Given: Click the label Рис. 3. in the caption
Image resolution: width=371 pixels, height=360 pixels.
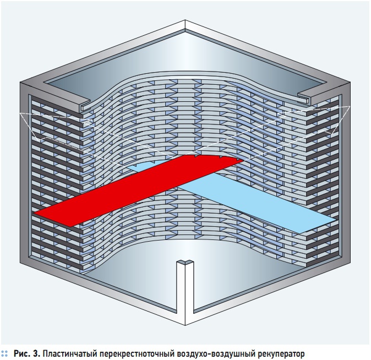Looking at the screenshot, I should coord(28,351).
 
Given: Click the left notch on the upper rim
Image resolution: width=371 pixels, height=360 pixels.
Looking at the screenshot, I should coord(83,101).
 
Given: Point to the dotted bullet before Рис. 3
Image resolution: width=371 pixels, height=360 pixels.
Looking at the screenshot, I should coord(6,351).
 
